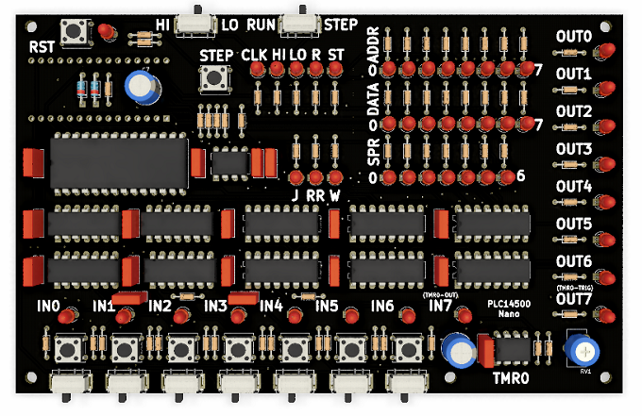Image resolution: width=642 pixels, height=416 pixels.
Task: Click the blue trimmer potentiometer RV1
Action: tap(582, 351)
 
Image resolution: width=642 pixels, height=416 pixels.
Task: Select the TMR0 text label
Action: tap(512, 380)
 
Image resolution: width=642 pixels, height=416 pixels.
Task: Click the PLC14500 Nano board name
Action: tap(509, 308)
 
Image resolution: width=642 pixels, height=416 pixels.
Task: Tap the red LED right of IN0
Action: tap(66, 316)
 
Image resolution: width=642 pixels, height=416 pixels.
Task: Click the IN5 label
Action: tap(327, 306)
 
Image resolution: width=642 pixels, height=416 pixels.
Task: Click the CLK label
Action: tap(254, 56)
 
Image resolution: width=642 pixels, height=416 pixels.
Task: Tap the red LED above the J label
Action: tap(296, 176)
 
